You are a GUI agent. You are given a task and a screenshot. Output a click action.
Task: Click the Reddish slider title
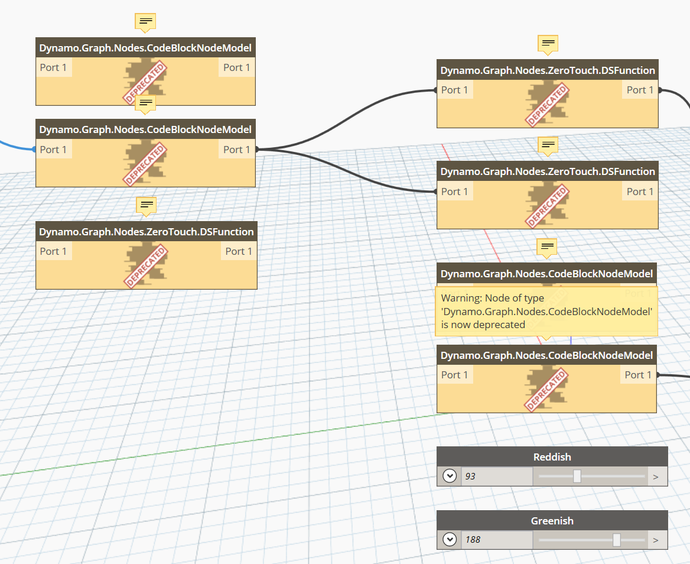(552, 457)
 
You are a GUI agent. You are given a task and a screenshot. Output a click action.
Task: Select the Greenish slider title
(552, 521)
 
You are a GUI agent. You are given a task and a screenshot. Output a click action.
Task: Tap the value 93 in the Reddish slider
(471, 476)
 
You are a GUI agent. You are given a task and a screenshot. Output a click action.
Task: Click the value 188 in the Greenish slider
(473, 539)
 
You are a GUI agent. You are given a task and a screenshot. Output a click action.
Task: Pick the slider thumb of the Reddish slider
(577, 476)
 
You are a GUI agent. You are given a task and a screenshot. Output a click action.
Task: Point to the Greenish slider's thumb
(617, 539)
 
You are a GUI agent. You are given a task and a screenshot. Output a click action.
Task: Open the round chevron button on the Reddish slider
(450, 476)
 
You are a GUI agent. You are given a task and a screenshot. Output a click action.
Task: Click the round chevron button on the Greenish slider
(450, 539)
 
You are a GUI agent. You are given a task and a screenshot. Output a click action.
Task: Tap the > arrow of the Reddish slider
(655, 476)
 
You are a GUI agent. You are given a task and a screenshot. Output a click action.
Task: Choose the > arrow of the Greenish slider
(655, 540)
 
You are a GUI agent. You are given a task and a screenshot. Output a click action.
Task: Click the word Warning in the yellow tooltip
(461, 299)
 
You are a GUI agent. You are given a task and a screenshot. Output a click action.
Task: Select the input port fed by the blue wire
(53, 150)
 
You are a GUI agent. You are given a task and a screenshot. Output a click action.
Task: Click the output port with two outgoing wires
(237, 150)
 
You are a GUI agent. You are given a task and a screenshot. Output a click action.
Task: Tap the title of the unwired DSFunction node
(146, 232)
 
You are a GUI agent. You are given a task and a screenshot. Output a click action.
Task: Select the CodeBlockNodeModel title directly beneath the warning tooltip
(546, 355)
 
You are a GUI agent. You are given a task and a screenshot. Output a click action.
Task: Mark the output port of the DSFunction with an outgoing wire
(640, 90)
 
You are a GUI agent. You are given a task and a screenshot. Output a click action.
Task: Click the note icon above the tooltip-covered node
(548, 246)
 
